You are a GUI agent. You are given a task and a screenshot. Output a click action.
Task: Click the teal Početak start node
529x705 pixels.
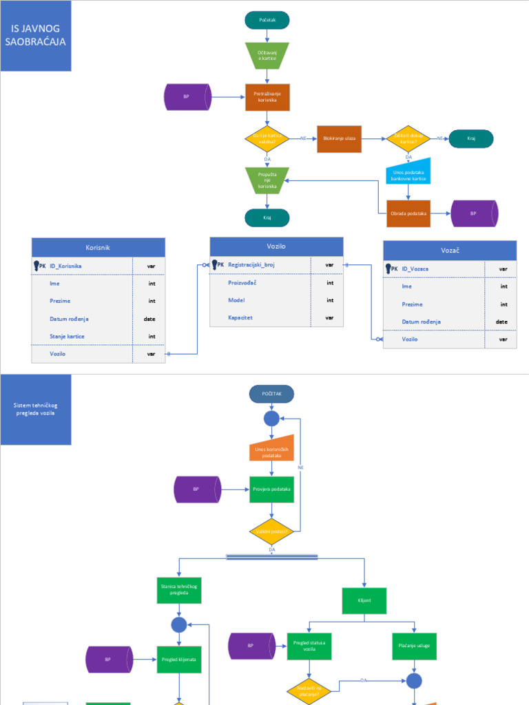coord(267,21)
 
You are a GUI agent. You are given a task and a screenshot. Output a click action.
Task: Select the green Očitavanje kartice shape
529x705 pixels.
coord(267,56)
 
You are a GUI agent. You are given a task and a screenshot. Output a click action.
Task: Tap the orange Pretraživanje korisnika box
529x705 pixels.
coord(267,97)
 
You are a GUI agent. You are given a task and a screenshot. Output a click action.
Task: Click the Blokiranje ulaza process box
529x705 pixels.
coord(339,138)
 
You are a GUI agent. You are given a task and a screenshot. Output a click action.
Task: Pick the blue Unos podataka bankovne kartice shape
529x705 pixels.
coord(408,175)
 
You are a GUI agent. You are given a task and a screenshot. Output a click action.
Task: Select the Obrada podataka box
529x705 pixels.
coord(408,213)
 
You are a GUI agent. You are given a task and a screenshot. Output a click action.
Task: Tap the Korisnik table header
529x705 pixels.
coord(98,247)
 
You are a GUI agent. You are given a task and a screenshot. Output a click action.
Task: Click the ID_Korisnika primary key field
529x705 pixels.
coord(66,266)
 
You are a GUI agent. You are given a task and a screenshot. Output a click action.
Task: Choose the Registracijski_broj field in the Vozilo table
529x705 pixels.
coord(251,264)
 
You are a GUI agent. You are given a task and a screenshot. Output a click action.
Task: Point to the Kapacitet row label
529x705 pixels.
coord(240,318)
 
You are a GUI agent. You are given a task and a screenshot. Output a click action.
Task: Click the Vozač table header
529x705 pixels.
coord(449,251)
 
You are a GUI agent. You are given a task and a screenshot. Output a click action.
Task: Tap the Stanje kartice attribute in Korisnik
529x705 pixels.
coord(67,336)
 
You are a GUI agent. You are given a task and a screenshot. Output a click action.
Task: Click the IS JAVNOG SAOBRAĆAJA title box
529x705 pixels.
coord(36,36)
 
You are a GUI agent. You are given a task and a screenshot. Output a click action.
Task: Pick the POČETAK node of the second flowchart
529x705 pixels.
coord(272,393)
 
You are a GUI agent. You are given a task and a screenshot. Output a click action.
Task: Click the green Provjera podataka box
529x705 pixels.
coord(272,490)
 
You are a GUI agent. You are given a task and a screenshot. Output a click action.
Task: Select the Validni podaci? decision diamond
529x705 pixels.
coord(272,532)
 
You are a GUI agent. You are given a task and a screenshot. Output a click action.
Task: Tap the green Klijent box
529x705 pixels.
coord(364,600)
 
